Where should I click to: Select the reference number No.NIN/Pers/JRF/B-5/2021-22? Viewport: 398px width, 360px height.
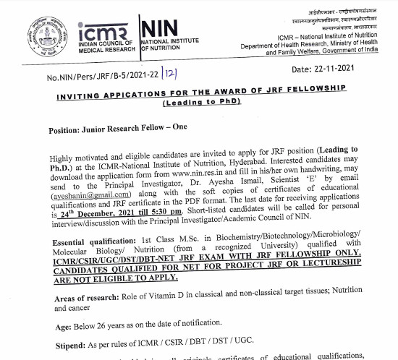(x=103, y=77)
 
